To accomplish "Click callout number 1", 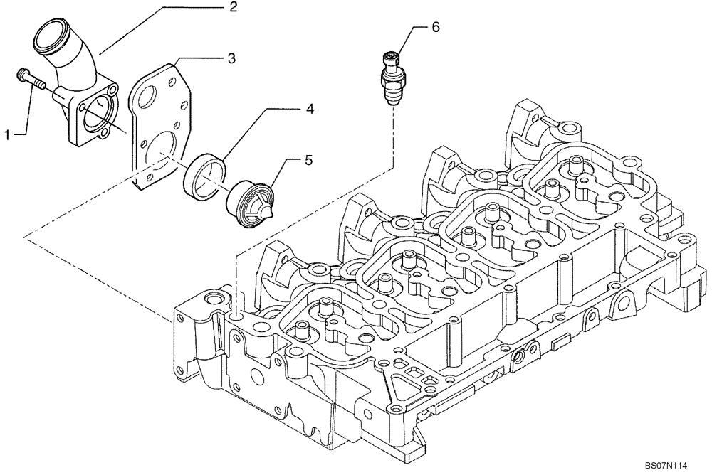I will pyautogui.click(x=8, y=133).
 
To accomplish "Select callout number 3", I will pyautogui.click(x=231, y=59).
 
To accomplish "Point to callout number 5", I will pyautogui.click(x=308, y=161).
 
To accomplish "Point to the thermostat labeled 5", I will pyautogui.click(x=248, y=201).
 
